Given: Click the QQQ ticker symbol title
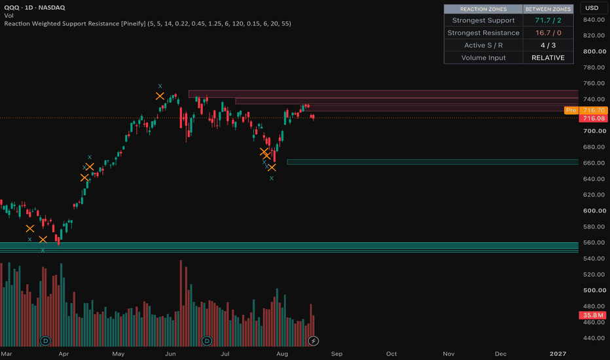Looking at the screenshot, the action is point(11,7).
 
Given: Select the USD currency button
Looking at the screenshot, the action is point(592,8).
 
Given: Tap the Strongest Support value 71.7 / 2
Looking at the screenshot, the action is point(548,20).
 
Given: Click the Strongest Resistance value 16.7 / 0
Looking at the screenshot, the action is point(548,33).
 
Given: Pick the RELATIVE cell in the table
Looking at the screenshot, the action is point(548,58).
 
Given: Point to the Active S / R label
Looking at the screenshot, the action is point(483,45).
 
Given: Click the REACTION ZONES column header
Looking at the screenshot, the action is point(483,9).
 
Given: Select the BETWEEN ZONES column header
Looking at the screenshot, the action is point(548,9).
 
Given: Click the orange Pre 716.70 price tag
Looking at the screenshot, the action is point(586,111).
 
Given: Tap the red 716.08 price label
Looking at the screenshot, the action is point(593,118).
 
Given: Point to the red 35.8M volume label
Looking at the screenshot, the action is point(593,315).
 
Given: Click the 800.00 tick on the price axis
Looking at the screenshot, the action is point(594,51).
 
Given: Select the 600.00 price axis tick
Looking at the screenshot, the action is point(594,211).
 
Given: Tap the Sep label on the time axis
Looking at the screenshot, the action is point(336,353).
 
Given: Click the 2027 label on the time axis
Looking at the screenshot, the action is point(558,353).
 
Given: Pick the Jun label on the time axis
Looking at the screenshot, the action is point(170,353).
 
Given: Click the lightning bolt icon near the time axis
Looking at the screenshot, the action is point(313,341).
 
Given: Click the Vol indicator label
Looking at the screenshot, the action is point(9,16).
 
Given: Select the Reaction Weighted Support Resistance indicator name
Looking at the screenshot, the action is point(75,24).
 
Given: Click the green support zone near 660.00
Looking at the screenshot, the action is point(433,162).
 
